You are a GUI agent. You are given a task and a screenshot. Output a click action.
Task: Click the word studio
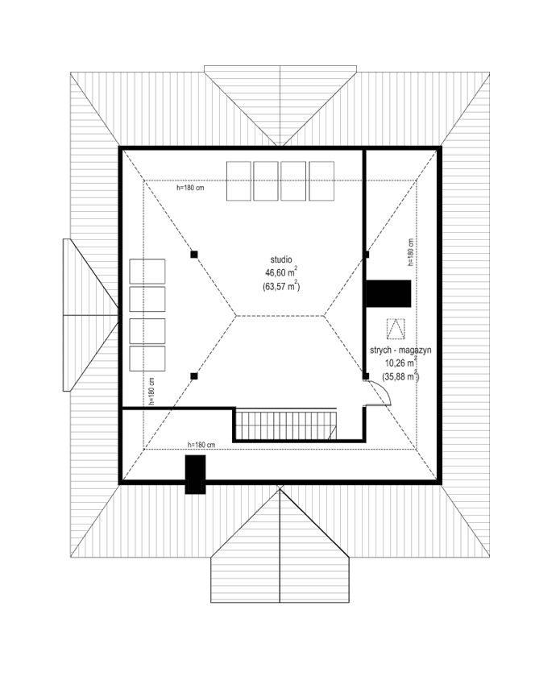280,259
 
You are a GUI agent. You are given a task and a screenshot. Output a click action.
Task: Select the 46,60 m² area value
280,273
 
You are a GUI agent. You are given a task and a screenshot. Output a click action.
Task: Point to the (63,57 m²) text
280,286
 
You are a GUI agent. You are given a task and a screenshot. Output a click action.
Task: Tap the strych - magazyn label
401,350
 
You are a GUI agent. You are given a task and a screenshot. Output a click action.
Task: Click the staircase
286,425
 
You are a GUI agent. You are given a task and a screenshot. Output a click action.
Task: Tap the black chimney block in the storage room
389,293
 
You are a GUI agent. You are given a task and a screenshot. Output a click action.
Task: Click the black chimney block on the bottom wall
195,474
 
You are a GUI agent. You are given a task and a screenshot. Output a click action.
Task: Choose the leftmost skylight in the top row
239,181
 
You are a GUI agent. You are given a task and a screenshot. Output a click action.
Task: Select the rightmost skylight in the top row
321,181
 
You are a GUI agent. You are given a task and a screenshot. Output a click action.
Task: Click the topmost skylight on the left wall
147,271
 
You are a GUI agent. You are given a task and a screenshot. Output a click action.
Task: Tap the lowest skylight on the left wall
147,359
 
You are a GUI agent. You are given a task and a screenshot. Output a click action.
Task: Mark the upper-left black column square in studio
193,255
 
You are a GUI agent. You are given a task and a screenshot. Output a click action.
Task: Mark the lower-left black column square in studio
193,375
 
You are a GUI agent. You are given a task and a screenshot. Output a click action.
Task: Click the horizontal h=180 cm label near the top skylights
190,188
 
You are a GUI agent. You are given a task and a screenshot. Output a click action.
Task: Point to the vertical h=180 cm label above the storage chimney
410,253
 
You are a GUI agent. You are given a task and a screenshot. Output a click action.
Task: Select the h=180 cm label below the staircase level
201,445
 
